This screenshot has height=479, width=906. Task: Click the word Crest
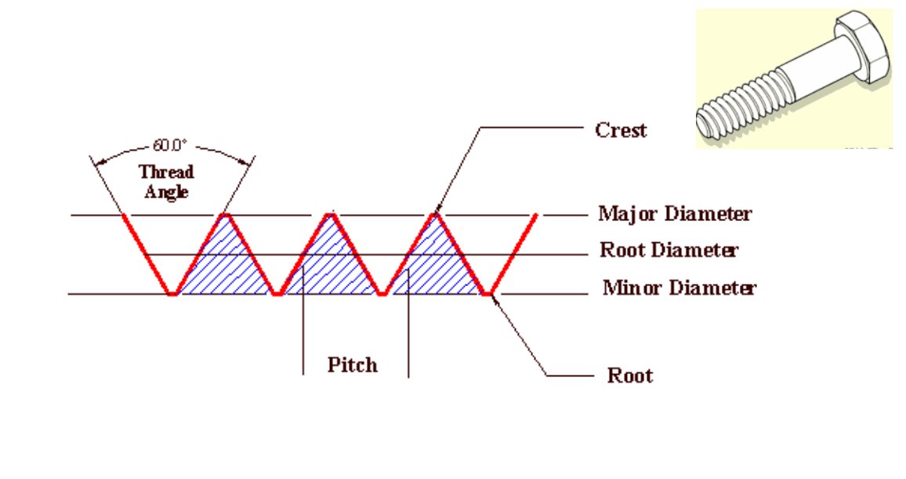click(622, 129)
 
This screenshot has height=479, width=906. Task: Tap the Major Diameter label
click(675, 213)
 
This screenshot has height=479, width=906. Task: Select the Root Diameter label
click(669, 251)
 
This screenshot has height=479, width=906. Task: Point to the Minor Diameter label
click(679, 288)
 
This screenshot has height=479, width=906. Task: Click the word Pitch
click(352, 365)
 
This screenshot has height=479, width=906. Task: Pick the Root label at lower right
click(629, 376)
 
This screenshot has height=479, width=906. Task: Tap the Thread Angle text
click(165, 181)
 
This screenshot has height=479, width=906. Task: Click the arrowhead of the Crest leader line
click(436, 208)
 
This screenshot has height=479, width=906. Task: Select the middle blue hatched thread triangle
click(329, 263)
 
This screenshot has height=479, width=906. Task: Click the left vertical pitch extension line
click(303, 329)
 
